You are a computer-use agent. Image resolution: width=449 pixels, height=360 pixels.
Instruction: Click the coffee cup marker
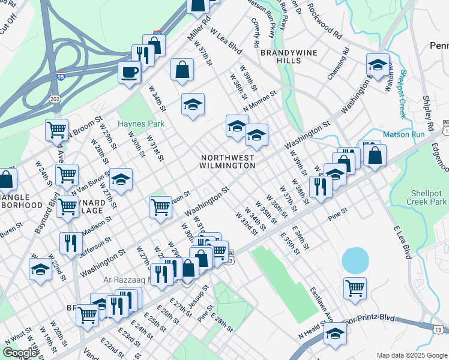click(x=129, y=73)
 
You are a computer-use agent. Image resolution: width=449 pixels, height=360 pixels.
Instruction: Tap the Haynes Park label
click(x=140, y=124)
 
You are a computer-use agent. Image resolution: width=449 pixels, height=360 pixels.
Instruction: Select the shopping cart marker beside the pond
click(x=355, y=289)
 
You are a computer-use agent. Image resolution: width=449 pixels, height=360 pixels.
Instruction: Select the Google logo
click(x=20, y=353)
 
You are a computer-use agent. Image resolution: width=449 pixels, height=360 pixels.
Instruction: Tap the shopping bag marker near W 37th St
click(x=182, y=70)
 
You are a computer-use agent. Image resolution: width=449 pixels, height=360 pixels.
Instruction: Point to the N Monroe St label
click(x=259, y=100)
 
